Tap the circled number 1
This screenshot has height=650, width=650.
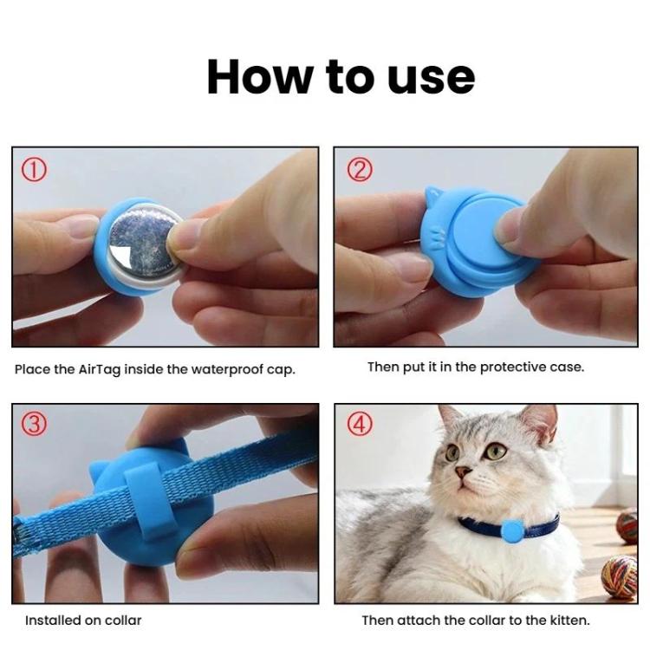pos(34,169)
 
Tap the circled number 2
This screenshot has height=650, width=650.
pos(358,169)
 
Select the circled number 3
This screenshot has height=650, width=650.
pos(34,425)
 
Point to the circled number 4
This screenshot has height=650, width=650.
pos(358,425)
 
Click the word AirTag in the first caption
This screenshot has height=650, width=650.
pos(101,369)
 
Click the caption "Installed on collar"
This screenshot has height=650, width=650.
pos(83,621)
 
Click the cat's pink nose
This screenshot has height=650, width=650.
pos(464,473)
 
